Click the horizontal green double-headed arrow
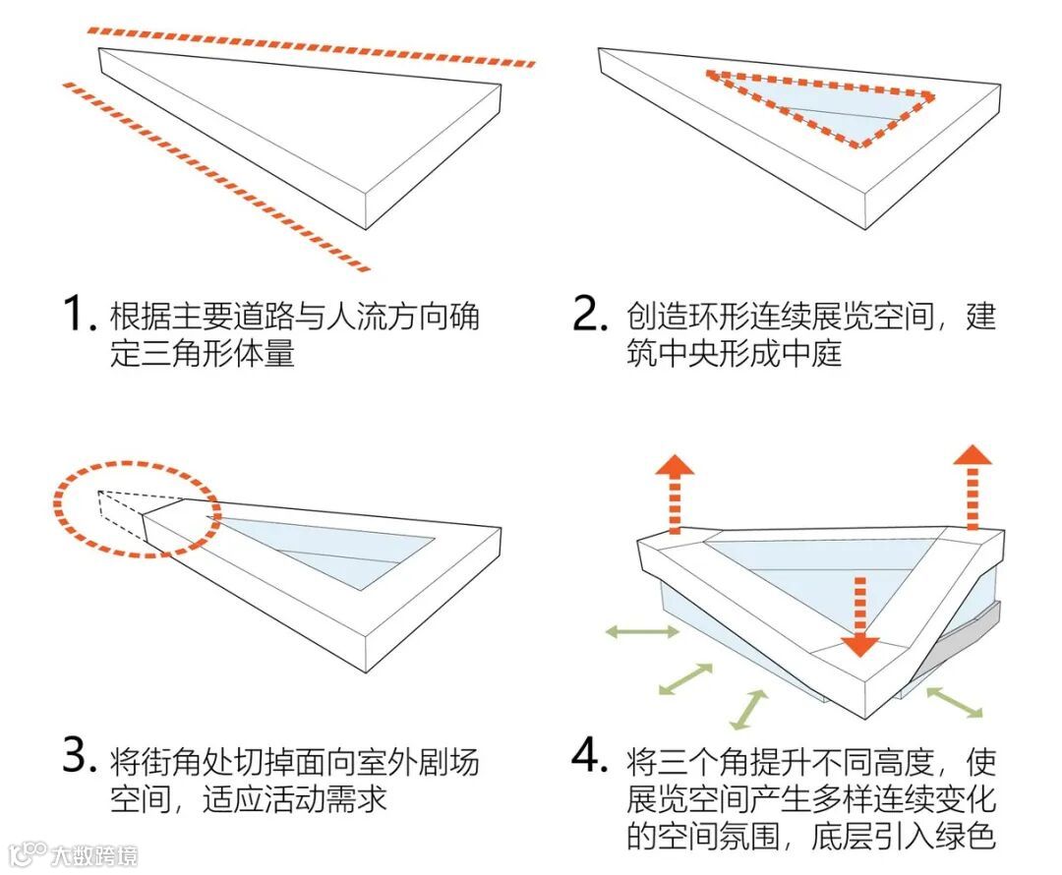click(x=642, y=631)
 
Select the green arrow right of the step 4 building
click(x=954, y=701)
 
